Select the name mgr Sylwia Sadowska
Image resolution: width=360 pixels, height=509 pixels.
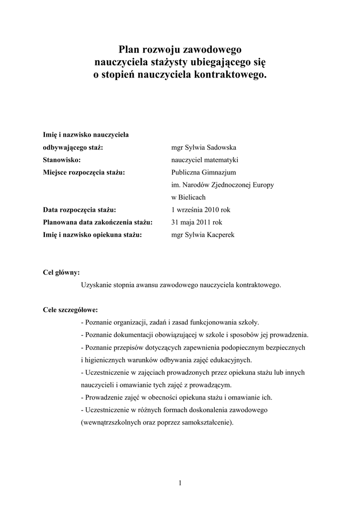click(x=204, y=148)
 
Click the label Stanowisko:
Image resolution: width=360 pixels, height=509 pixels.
click(x=62, y=160)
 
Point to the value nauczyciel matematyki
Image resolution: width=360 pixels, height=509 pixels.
click(x=205, y=160)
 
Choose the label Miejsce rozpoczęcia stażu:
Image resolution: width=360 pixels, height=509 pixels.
click(x=84, y=172)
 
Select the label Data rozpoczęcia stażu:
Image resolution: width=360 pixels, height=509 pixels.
click(x=80, y=210)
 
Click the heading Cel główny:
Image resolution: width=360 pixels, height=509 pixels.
click(x=62, y=272)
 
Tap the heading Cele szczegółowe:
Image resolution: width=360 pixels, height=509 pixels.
click(x=71, y=310)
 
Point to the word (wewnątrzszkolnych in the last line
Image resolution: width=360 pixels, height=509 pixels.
click(x=110, y=423)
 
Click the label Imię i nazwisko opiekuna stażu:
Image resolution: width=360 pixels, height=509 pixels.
click(x=93, y=235)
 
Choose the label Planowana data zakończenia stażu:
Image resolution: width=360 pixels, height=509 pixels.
click(x=98, y=222)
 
